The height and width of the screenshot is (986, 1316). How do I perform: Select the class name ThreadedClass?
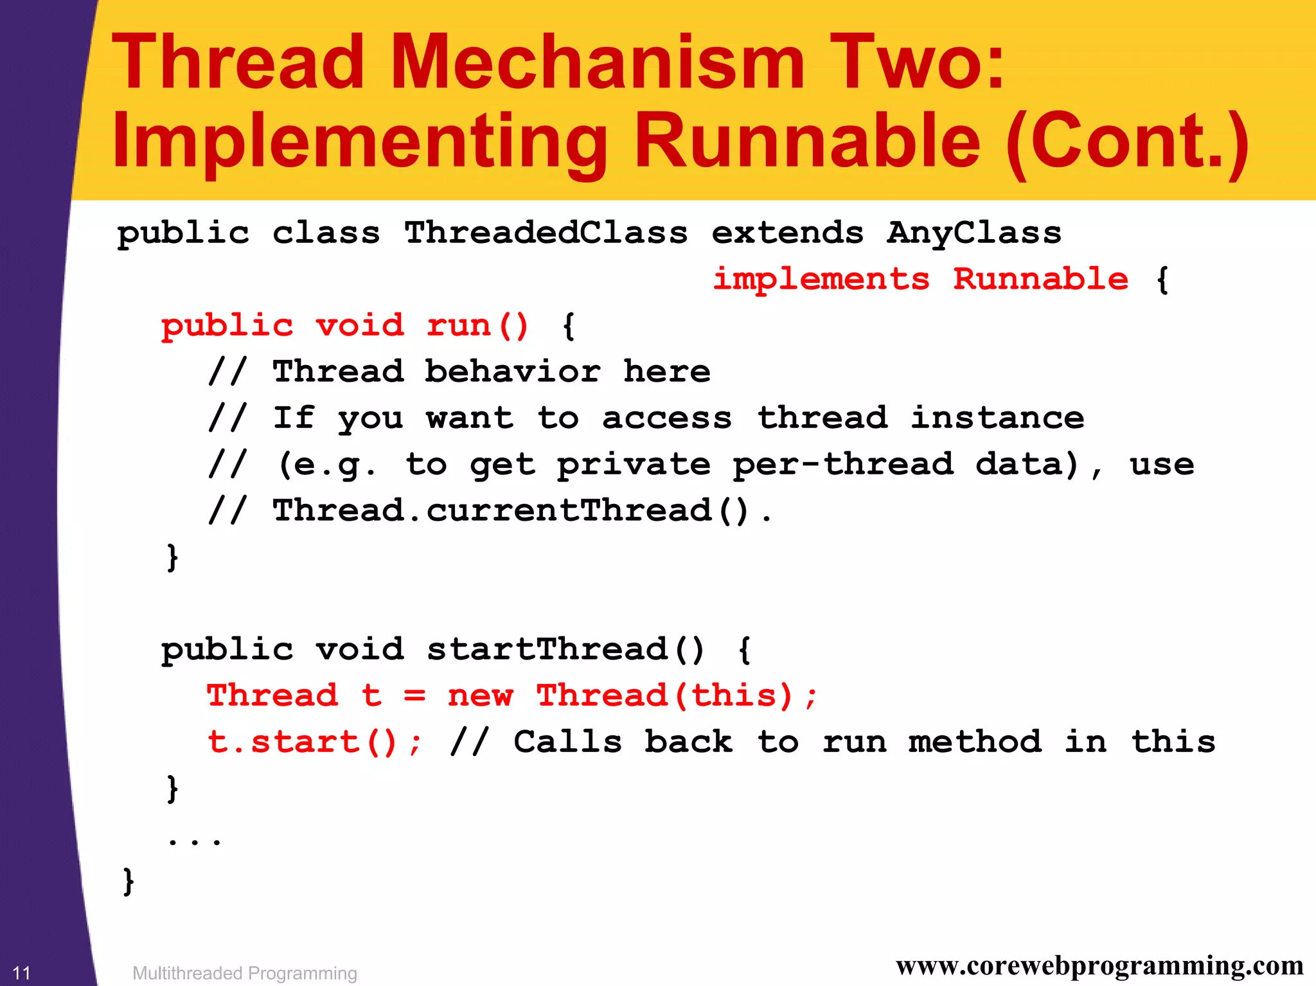point(546,233)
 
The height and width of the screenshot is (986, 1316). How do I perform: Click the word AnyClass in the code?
point(974,233)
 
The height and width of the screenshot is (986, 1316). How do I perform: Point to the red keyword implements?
point(821,279)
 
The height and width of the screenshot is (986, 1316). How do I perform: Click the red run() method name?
point(477,325)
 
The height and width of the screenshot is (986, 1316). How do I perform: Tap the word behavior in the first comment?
point(512,372)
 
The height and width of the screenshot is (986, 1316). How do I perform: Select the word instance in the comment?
point(997,418)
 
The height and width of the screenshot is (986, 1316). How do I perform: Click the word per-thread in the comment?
point(842,464)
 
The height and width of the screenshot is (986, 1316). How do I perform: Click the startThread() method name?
point(565,649)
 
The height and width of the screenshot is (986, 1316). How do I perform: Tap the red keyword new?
point(480,695)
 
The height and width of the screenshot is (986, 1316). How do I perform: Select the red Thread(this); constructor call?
point(677,695)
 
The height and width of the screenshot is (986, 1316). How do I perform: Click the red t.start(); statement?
point(314,742)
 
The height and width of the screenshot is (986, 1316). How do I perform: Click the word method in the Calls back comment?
point(974,742)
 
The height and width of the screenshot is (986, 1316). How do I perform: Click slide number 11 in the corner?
point(22,973)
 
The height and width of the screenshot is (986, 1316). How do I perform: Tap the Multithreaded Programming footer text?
point(244,973)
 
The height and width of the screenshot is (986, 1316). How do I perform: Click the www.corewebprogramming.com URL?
point(1099,965)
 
